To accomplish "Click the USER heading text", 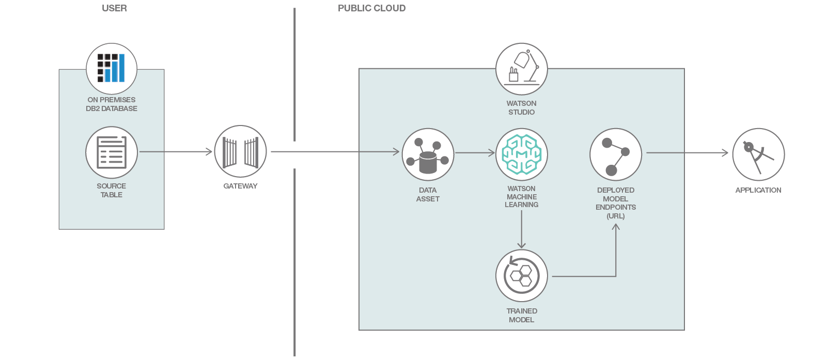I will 114,8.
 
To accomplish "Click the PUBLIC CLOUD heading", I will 371,8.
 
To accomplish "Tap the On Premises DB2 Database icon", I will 112,69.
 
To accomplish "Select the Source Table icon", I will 112,152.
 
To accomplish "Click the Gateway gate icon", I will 240,152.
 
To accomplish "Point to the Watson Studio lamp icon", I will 522,69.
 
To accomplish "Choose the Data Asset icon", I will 428,154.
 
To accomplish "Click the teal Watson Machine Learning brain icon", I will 522,154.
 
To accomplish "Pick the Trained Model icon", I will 522,276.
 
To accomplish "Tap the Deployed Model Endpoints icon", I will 616,154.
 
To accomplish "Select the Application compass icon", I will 758,154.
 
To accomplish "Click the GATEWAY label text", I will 240,186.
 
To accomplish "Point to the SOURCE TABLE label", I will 112,190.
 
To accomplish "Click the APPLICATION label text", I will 758,190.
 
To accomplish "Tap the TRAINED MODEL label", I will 522,315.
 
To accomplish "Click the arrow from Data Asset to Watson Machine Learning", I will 474,152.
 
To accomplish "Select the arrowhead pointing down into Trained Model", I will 522,245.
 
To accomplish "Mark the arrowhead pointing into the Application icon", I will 725,153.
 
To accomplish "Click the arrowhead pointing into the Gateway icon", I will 209,152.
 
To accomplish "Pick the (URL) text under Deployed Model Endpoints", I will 616,216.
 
